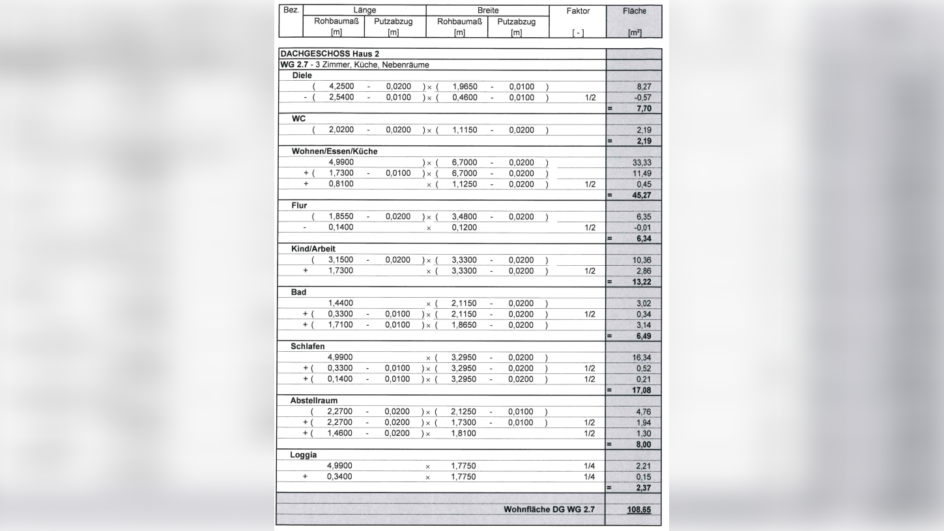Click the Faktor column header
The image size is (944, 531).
point(578,11)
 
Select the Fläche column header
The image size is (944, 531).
point(633,11)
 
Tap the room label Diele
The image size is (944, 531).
point(302,76)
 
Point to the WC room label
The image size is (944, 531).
point(298,119)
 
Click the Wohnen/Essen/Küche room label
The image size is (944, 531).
point(334,151)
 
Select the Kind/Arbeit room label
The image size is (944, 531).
point(313,249)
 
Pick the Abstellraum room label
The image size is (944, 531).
point(314,401)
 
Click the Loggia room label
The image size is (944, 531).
point(304,455)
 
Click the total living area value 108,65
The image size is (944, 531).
point(638,509)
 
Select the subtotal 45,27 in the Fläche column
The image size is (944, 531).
point(642,195)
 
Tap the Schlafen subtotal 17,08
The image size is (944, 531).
point(642,390)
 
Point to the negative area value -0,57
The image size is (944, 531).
point(642,98)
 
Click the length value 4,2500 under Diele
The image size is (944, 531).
point(341,87)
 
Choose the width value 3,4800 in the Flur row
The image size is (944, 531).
point(464,217)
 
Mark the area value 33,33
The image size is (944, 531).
point(642,162)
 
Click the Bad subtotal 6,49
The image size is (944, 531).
point(643,336)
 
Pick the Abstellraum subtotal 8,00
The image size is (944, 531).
point(643,444)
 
